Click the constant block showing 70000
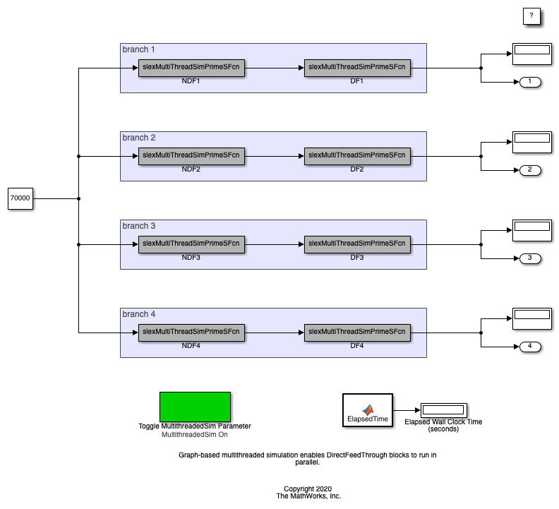click(x=20, y=199)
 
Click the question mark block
click(x=531, y=16)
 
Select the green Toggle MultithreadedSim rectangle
click(x=195, y=407)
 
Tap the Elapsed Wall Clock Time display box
click(x=443, y=409)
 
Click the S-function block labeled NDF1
click(x=191, y=68)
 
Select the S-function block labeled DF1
click(x=357, y=68)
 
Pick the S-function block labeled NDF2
click(x=191, y=156)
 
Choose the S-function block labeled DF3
click(x=357, y=244)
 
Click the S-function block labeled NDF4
click(x=191, y=333)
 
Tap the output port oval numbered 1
click(x=530, y=82)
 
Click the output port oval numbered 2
click(x=530, y=170)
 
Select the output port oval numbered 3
click(x=530, y=258)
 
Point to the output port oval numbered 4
click(x=530, y=347)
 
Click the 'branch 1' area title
click(x=138, y=49)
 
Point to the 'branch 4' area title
click(x=138, y=314)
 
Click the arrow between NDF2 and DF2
click(x=274, y=156)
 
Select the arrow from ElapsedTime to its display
click(x=406, y=410)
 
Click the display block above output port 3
click(x=531, y=230)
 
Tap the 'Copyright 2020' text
click(x=308, y=489)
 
